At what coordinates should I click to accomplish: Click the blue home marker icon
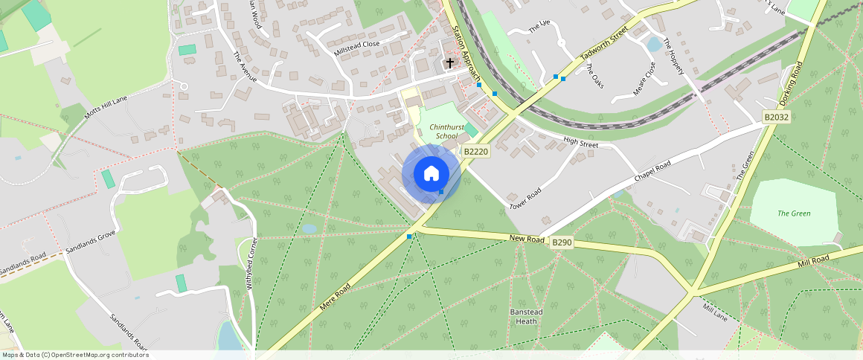point(431,174)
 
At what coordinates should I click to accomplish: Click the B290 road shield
point(561,242)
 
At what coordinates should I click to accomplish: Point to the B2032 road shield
point(775,118)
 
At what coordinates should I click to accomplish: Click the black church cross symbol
point(449,63)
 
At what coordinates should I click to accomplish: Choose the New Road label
point(527,238)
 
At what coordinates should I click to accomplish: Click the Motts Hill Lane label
point(107,112)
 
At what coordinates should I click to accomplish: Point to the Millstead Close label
point(357,44)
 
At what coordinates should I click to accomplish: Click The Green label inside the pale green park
point(794,213)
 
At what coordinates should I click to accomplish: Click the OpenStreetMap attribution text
point(75,355)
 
